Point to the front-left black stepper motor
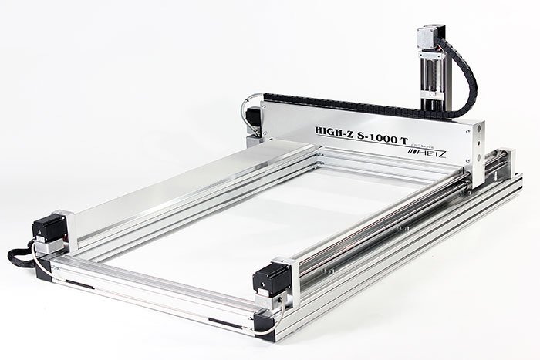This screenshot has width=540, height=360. pos(49,228)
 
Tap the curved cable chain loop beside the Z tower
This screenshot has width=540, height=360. pos(469,77)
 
